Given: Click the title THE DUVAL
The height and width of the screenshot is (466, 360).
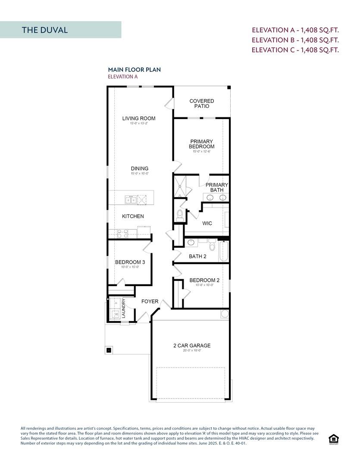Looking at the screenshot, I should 45,30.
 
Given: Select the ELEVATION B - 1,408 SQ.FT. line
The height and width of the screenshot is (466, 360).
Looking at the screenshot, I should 295,40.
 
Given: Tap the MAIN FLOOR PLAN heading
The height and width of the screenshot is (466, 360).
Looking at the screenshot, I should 134,69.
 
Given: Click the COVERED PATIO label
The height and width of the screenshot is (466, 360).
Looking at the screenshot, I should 201,104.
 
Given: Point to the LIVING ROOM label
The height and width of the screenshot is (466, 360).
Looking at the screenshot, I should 138,119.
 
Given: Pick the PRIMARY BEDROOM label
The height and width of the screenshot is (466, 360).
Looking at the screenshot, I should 201,144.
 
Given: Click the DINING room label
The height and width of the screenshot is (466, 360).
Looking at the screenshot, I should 140,169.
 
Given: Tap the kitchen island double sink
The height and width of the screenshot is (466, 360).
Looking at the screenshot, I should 130,199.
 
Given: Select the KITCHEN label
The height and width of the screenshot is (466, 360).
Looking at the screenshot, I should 133,216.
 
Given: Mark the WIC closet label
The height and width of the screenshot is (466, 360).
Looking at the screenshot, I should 207,224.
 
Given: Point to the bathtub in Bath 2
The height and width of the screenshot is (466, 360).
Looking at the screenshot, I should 223,252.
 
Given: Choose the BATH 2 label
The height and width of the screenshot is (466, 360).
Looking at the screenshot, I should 197,257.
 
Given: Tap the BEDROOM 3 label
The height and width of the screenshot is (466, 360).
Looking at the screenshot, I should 130,262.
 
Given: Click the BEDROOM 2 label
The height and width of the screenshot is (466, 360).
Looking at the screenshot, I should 204,280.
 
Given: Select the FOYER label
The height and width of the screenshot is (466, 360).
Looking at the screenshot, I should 150,302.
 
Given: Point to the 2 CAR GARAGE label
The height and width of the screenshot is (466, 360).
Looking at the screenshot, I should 192,346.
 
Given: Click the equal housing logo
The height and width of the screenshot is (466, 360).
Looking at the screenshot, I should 333,439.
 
